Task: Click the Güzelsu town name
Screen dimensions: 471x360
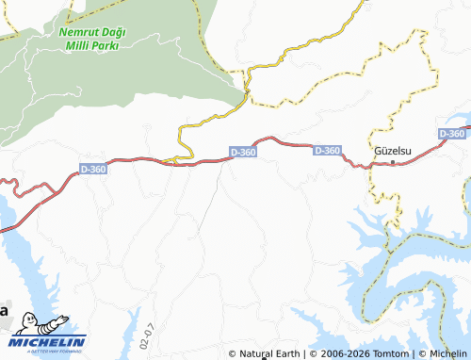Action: pyautogui.click(x=391, y=151)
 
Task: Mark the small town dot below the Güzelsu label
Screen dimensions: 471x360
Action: pyautogui.click(x=393, y=163)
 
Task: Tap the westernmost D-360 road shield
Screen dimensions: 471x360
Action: pyautogui.click(x=93, y=169)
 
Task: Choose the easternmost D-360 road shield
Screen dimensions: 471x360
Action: pyautogui.click(x=452, y=134)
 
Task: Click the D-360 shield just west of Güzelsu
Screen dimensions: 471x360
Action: pyautogui.click(x=327, y=150)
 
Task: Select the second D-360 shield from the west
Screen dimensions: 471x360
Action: pyautogui.click(x=243, y=152)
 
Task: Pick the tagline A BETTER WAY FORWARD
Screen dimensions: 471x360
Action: pyautogui.click(x=48, y=352)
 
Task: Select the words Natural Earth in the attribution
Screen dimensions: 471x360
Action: pyautogui.click(x=269, y=353)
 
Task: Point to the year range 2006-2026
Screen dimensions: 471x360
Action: pyautogui.click(x=340, y=353)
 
